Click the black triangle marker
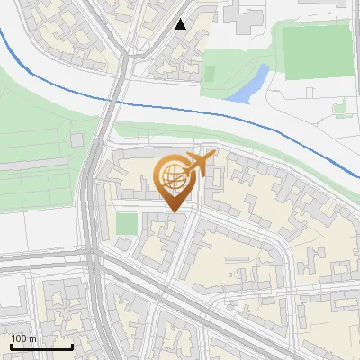pos(181,24)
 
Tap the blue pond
pos(247,84)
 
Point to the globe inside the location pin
pos(172,175)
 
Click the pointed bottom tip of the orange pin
pos(173,211)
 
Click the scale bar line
pos(41,347)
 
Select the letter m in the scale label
pos(32,338)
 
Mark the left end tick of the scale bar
pos(11,346)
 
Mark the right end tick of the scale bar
pos(72,346)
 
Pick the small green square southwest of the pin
pos(127,223)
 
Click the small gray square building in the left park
pos(77,141)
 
